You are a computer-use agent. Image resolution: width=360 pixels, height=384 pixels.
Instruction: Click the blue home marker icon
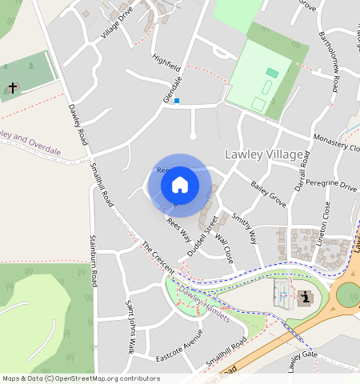[x=180, y=185]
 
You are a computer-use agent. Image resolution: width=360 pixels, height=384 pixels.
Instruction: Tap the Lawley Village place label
[x=264, y=154]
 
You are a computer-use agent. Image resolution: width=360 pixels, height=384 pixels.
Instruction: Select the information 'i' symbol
[x=305, y=298]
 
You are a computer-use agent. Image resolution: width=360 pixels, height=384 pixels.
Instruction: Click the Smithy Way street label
[x=244, y=227]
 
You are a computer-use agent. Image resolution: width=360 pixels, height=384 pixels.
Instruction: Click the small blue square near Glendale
[x=177, y=101]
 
